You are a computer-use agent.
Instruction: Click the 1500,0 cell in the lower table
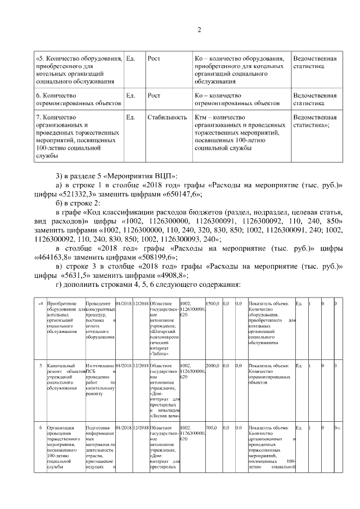click(211, 304)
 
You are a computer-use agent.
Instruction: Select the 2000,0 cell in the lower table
click(211, 366)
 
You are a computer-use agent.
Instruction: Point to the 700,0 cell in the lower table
click(211, 427)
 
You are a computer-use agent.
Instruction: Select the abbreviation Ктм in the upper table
click(201, 118)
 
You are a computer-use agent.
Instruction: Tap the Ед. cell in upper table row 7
click(131, 118)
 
